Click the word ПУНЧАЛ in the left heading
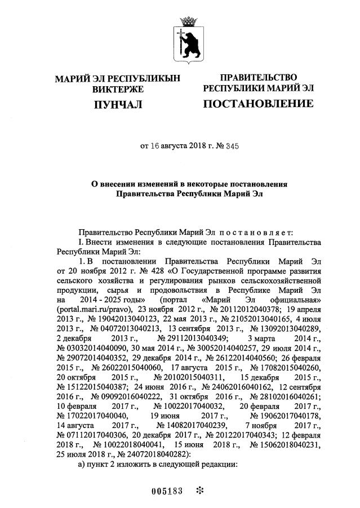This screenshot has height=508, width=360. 118,105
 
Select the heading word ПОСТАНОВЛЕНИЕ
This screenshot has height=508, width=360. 257,104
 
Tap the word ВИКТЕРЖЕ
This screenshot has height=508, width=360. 118,89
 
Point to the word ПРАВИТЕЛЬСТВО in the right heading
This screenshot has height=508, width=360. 258,77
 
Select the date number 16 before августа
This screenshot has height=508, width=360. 156,146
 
